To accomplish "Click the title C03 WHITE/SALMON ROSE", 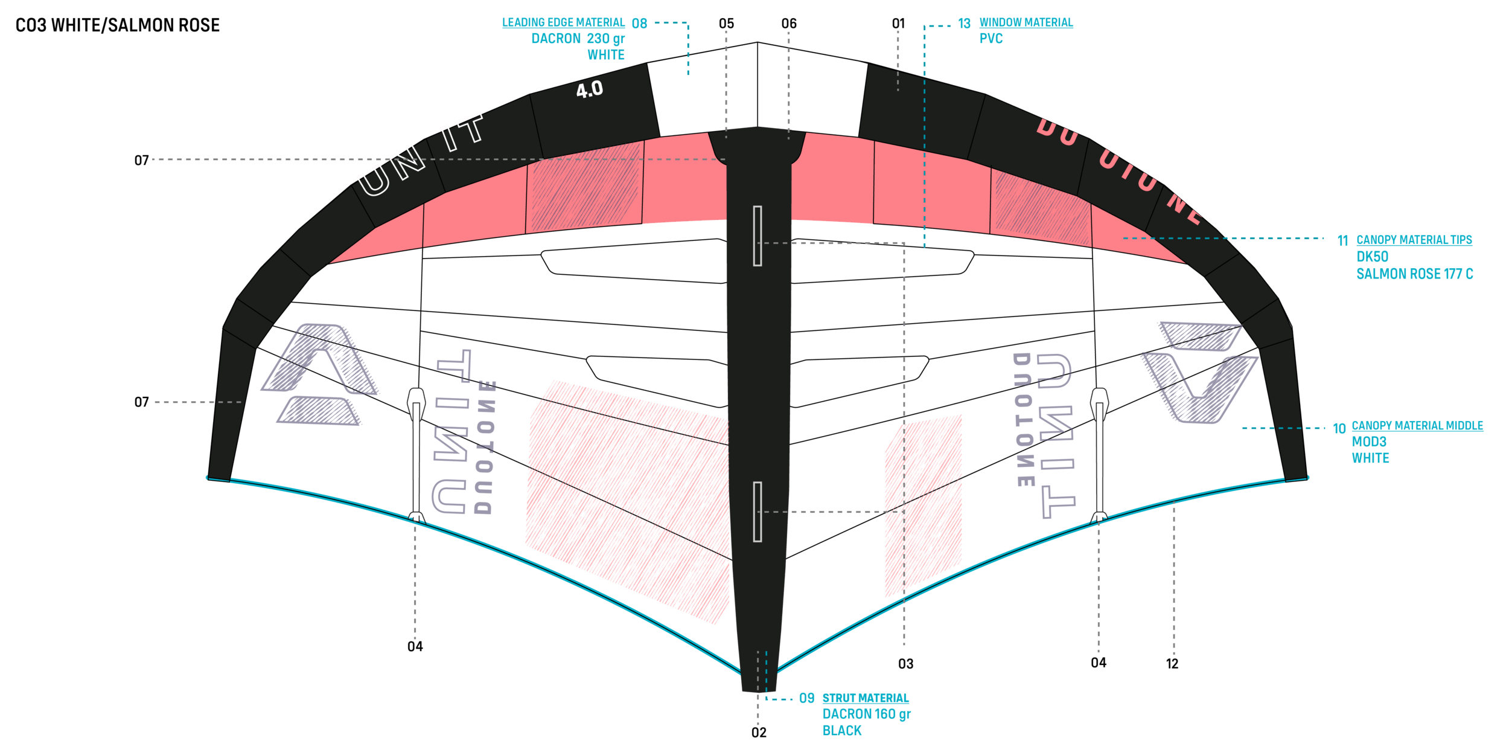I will point(118,25).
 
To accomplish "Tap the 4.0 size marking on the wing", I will point(589,90).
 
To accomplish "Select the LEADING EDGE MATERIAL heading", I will point(563,23).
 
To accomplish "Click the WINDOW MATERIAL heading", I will point(1026,23).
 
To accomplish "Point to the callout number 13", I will point(964,24).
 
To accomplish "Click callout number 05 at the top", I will point(726,24).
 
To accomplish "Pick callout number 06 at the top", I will point(789,24).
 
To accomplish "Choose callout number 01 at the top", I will point(898,24).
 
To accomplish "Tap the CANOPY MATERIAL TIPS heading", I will point(1414,240).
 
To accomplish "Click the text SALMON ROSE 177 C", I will point(1414,274).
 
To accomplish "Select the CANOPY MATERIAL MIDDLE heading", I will point(1417,426).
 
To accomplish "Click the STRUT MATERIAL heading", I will point(866,698).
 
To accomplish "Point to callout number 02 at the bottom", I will point(759,733).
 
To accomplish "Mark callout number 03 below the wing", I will point(905,664).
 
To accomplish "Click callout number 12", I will point(1172,664).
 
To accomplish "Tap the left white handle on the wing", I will point(416,453).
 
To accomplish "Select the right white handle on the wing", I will point(1100,453).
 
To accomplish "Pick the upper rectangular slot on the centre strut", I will point(758,236).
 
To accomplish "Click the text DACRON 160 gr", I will point(866,714).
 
